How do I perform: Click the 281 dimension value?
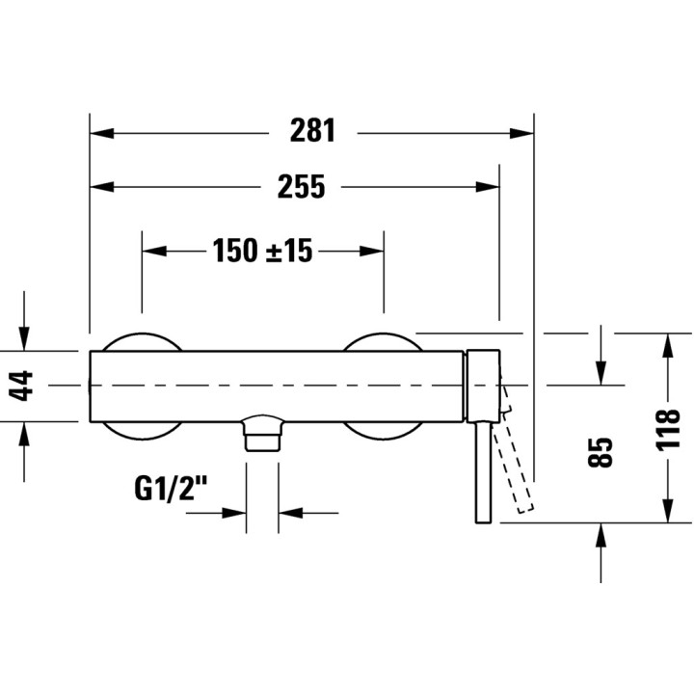312,132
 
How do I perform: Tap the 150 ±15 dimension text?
263,251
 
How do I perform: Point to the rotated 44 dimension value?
27,386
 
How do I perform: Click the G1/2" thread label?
171,490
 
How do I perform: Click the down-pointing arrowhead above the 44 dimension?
27,337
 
